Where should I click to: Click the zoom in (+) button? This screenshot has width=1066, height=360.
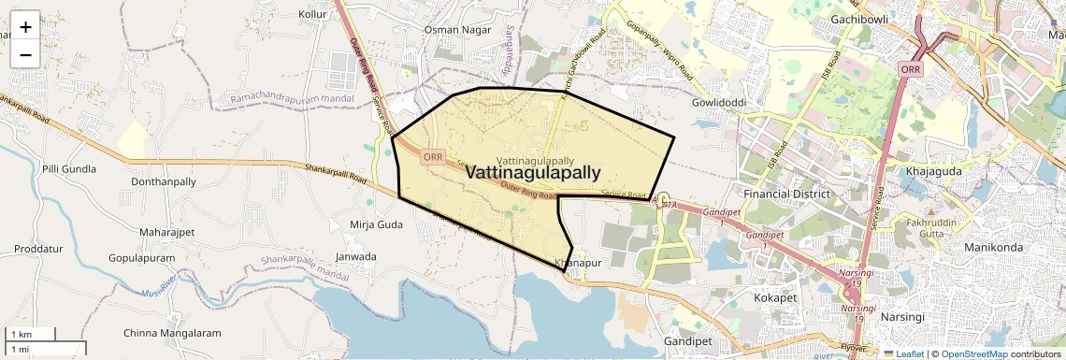click(x=25, y=26)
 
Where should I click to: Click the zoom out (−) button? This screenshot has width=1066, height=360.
click(x=25, y=54)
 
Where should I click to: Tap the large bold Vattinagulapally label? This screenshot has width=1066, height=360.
click(x=532, y=173)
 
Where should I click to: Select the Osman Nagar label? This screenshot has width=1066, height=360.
click(x=456, y=30)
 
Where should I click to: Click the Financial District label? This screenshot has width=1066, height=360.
click(x=786, y=194)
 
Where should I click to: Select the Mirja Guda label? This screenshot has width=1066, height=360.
click(x=376, y=224)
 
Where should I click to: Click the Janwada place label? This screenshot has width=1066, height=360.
click(x=355, y=256)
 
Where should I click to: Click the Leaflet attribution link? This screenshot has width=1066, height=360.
click(x=906, y=353)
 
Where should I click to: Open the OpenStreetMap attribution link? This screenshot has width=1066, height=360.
click(x=973, y=353)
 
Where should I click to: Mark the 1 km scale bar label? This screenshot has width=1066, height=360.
click(x=21, y=334)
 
